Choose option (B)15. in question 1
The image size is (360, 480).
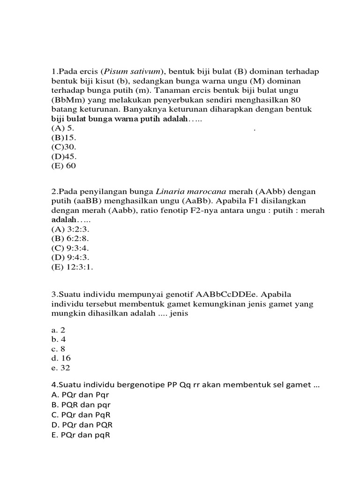tap(63, 138)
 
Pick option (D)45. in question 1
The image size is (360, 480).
tap(64, 157)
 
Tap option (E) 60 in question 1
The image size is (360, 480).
tap(63, 166)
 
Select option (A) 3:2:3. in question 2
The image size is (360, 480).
tap(70, 230)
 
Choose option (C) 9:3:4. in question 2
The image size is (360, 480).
tap(70, 248)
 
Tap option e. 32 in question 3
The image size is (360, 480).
tap(60, 368)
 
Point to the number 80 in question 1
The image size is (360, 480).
tap(295, 100)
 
